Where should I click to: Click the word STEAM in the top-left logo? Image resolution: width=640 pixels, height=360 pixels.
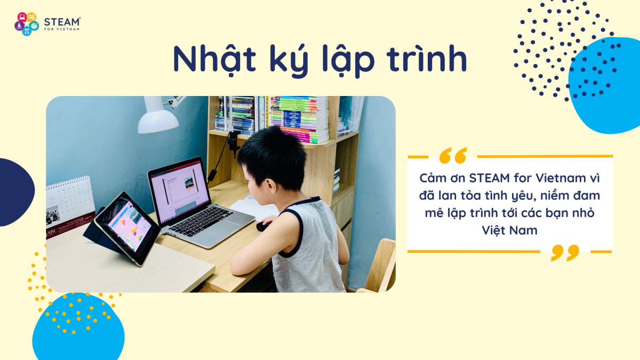pyautogui.click(x=62, y=22)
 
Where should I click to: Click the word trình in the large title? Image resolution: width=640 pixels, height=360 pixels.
pyautogui.click(x=427, y=59)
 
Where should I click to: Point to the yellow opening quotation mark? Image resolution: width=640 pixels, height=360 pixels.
pyautogui.click(x=453, y=155)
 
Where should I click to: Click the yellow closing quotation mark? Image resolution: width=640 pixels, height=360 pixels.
pyautogui.click(x=565, y=253)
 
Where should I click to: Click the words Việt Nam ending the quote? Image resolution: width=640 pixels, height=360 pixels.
pyautogui.click(x=510, y=230)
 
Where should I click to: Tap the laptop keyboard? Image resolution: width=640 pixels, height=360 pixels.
pyautogui.click(x=202, y=221)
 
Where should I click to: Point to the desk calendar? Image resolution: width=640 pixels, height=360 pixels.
pyautogui.click(x=70, y=205)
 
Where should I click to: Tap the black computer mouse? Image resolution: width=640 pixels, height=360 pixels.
pyautogui.click(x=263, y=226)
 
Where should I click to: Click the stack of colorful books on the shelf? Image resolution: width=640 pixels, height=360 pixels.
pyautogui.click(x=299, y=119)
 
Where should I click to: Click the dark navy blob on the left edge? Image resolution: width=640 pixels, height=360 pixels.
pyautogui.click(x=15, y=192)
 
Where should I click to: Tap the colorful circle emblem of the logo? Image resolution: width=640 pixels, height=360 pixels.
pyautogui.click(x=27, y=23)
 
